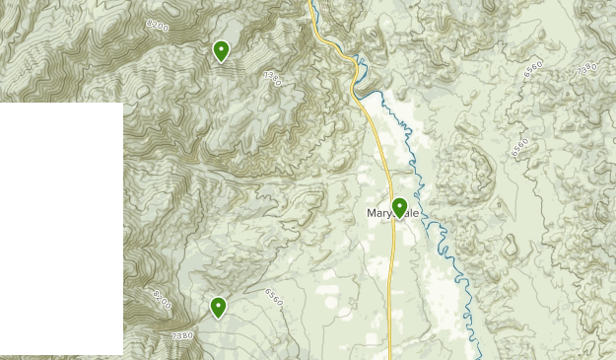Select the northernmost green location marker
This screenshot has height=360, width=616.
click(x=222, y=50)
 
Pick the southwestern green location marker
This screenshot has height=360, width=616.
click(x=218, y=308)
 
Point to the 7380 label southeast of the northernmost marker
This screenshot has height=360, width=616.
click(x=273, y=78)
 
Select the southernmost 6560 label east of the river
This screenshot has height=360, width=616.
click(x=519, y=147)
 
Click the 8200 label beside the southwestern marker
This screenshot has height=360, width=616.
click(x=162, y=299)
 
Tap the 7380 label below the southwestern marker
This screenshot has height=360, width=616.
click(x=182, y=336)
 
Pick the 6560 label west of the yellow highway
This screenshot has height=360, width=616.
click(x=274, y=295)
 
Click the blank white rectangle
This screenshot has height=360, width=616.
click(x=61, y=227)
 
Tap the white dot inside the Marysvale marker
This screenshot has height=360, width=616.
click(x=399, y=205)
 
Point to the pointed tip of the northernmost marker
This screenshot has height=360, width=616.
click(x=222, y=63)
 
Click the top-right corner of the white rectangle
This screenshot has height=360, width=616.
click(x=123, y=103)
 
